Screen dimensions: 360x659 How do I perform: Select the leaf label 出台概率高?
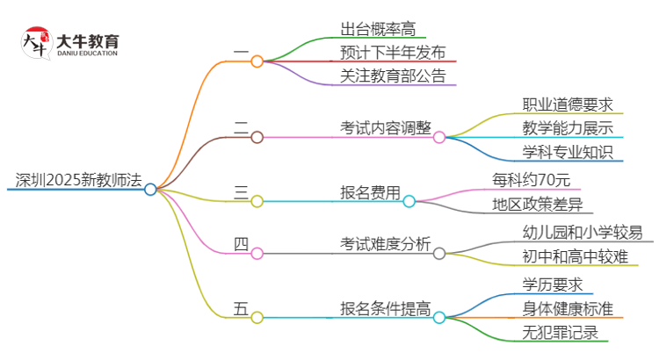(378, 27)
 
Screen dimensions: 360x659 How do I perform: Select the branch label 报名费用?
(370, 191)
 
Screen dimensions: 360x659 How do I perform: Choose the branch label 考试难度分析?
(386, 243)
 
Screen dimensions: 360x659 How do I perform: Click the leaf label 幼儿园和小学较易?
(582, 232)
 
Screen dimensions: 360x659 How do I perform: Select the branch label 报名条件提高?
(386, 307)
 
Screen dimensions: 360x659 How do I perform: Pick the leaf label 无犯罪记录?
(559, 331)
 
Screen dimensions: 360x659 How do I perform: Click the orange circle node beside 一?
(257, 61)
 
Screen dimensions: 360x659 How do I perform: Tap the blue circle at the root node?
(150, 189)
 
